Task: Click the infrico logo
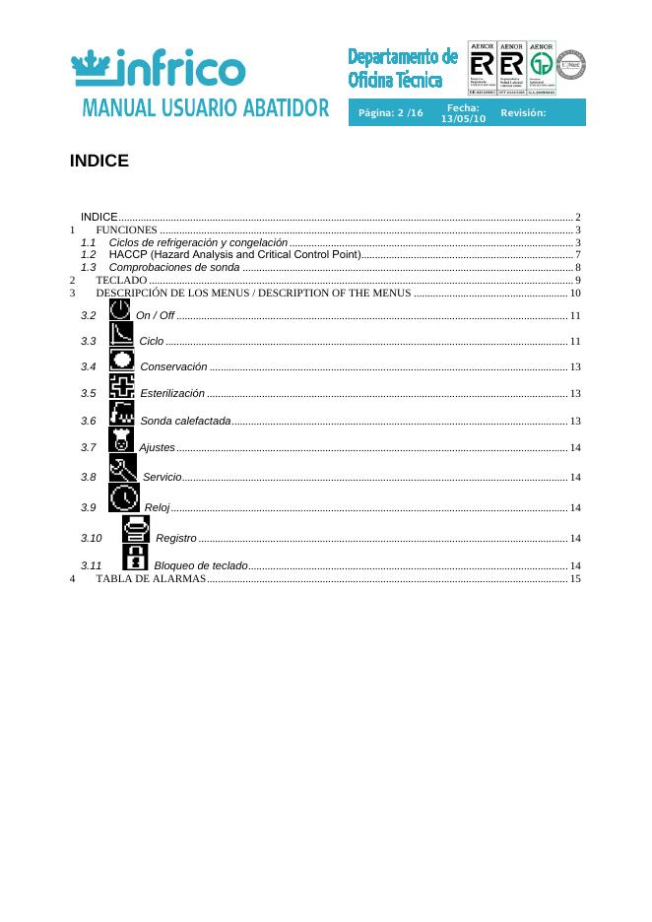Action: point(159,68)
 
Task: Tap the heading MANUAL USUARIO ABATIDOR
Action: point(205,108)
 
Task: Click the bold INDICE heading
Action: point(99,161)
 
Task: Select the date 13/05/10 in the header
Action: point(463,118)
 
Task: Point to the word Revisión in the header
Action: point(523,113)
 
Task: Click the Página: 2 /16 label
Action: point(391,113)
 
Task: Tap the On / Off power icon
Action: point(120,309)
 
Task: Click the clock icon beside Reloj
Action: point(124,499)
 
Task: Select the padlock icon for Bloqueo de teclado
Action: point(135,559)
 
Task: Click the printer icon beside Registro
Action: point(135,530)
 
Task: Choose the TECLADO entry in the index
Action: point(121,281)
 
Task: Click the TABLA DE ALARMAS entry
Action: point(151,578)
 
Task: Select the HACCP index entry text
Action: point(234,255)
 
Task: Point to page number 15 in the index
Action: point(575,578)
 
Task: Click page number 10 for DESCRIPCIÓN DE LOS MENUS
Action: point(575,294)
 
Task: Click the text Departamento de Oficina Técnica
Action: point(403,68)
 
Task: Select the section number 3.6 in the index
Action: point(89,422)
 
